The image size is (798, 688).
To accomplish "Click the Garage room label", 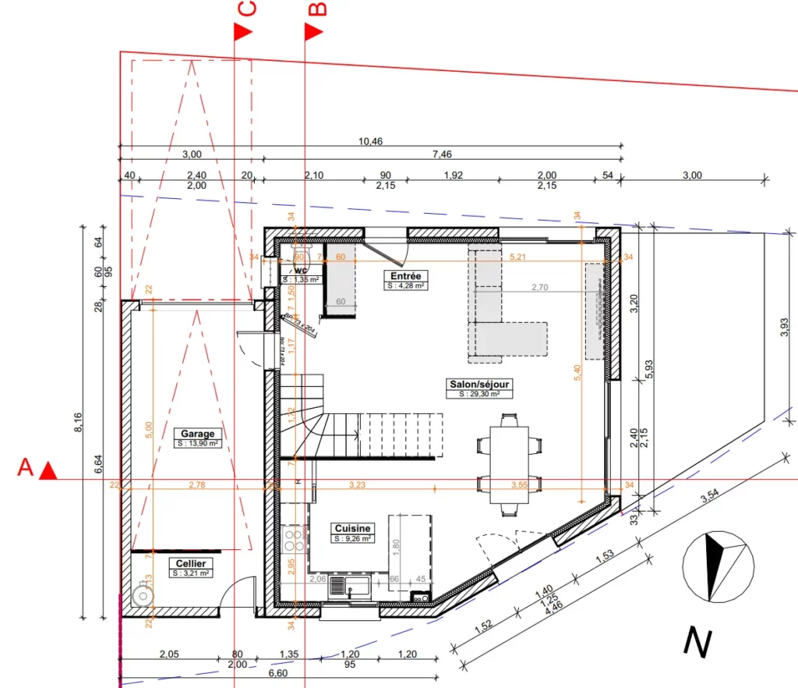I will [198, 434].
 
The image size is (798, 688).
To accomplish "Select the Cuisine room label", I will [352, 528].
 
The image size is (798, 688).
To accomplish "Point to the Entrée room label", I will [405, 276].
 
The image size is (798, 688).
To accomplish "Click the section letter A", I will [26, 468].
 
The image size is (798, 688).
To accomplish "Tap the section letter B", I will [317, 9].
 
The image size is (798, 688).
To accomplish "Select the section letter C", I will [245, 9].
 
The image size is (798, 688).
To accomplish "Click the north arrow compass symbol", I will [718, 566].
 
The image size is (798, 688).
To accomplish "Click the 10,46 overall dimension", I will [370, 141].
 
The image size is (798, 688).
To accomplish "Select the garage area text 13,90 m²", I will [198, 443].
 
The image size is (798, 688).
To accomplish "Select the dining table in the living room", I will [504, 465].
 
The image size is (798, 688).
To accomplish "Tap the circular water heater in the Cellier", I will [143, 595].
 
